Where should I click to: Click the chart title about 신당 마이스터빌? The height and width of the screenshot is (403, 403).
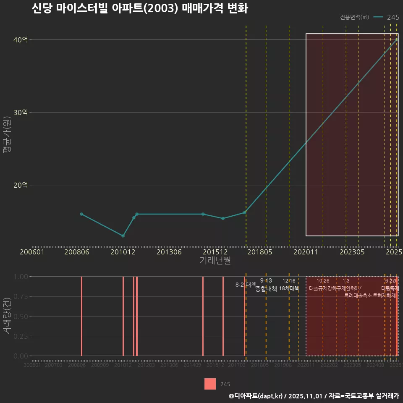coord(140,8)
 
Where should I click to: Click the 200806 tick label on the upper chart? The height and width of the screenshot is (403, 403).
coord(77,252)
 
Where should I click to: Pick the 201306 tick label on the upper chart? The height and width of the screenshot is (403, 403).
coord(169,252)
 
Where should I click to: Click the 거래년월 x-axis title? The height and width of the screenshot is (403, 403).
coord(215,261)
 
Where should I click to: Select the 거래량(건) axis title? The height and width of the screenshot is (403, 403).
coord(7,316)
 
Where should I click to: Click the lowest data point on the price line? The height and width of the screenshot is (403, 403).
coord(123,236)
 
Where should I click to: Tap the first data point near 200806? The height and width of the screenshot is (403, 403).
coord(81,214)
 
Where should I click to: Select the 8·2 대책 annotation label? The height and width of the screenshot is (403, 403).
coord(246,285)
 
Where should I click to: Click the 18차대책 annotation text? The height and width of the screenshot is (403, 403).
coord(289,288)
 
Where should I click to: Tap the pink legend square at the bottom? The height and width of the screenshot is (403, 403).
coord(210,384)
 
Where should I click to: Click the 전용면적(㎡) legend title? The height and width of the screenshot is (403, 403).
coord(355,17)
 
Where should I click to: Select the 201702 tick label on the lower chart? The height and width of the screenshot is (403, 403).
coord(237,366)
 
